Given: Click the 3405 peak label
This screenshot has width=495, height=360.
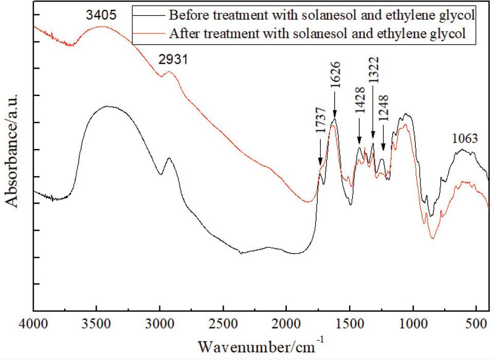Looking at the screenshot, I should click(101, 15).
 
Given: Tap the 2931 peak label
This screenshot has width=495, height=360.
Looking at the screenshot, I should click(173, 60).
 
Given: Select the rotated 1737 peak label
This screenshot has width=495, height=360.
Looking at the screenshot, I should click(321, 135).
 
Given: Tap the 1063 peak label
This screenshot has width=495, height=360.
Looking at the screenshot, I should click(465, 138).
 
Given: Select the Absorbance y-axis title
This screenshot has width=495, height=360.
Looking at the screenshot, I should click(12, 150).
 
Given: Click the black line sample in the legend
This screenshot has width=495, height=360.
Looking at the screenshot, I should click(149, 14).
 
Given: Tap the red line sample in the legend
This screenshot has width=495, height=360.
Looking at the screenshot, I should click(149, 34).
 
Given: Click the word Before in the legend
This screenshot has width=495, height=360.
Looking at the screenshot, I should click(187, 14).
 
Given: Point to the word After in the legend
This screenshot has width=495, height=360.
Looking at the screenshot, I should click(182, 34).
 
